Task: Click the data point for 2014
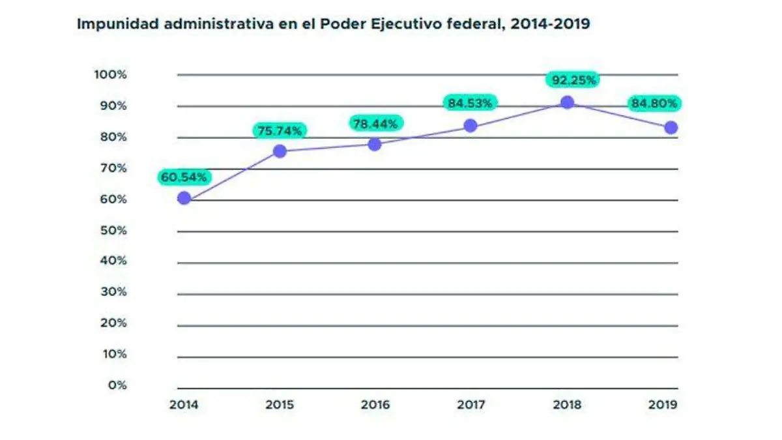point(184,198)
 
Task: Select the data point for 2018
point(568,102)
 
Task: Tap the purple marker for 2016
point(375,144)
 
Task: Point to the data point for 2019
point(671,128)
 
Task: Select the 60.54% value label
point(184,177)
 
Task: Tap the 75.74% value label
point(280,131)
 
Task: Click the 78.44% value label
point(375,123)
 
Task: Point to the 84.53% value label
point(471,102)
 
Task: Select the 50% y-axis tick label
point(113,230)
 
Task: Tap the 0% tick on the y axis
point(117,385)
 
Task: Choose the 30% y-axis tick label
point(113,291)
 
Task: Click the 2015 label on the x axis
point(280,405)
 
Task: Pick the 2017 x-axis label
point(471,405)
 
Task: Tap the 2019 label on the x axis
point(663,405)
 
